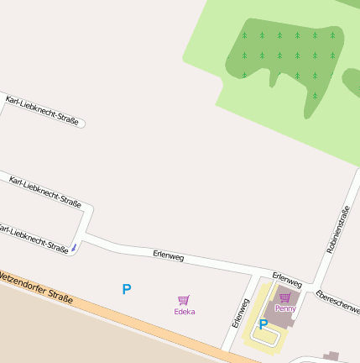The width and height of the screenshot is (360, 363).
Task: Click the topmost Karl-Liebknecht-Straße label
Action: click(41, 110)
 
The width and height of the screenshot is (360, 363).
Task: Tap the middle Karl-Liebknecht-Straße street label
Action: click(44, 191)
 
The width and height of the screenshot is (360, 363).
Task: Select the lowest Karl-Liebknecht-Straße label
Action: click(34, 238)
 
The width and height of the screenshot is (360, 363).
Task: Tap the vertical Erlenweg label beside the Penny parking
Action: click(240, 312)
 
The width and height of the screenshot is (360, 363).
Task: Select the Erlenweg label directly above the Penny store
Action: click(286, 279)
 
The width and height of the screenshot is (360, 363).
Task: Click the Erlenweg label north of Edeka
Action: click(168, 255)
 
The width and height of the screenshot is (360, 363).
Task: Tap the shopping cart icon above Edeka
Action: click(184, 300)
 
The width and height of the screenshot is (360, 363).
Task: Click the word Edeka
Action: click(184, 312)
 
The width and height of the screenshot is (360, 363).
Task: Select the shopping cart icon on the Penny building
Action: click(285, 297)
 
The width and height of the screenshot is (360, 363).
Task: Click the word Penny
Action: click(285, 308)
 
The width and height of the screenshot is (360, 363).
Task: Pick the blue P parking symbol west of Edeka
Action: click(127, 289)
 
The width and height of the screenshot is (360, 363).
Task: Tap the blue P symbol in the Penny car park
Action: click(263, 324)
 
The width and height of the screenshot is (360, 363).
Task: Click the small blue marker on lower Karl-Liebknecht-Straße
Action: click(73, 247)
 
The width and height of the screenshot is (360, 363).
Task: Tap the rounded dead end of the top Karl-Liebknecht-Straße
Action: click(81, 125)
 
